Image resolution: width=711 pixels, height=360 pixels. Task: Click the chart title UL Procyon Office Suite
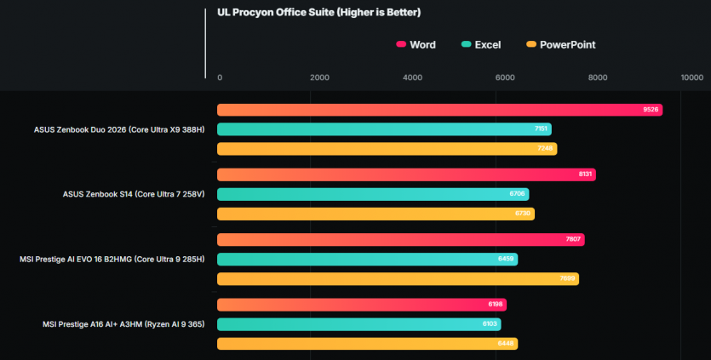point(319,13)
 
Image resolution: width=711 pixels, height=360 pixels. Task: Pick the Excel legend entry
point(480,44)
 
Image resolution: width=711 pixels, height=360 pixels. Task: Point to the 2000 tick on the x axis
point(319,77)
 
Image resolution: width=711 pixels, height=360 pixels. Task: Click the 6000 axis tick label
point(505,77)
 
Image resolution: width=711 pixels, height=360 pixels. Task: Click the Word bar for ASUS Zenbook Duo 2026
point(439,110)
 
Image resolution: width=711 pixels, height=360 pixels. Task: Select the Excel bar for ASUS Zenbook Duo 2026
point(384,129)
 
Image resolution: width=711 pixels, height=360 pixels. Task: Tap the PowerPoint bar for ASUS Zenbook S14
point(376,214)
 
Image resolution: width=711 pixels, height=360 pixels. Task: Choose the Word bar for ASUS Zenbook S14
point(406,174)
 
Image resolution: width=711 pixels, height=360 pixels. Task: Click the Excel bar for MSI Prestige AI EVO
point(367,259)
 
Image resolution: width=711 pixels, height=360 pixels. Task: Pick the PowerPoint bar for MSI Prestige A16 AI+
point(367,344)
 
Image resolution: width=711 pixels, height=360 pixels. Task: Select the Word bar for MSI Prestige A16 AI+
point(362,305)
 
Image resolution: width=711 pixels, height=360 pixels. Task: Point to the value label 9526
point(651,110)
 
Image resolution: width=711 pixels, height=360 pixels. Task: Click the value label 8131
point(585,174)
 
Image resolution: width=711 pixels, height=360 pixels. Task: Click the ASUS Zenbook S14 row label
point(134,194)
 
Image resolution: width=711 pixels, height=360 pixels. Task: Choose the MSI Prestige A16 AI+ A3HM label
point(123,324)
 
